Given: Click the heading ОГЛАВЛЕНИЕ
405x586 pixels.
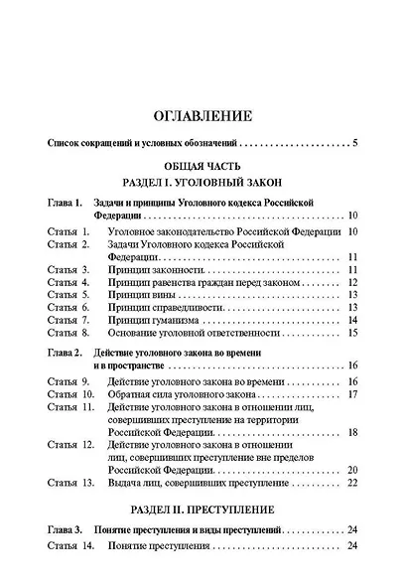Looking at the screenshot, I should (202, 115).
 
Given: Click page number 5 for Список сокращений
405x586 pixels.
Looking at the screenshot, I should (354, 143).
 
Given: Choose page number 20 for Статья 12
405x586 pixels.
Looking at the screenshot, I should (352, 469).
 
